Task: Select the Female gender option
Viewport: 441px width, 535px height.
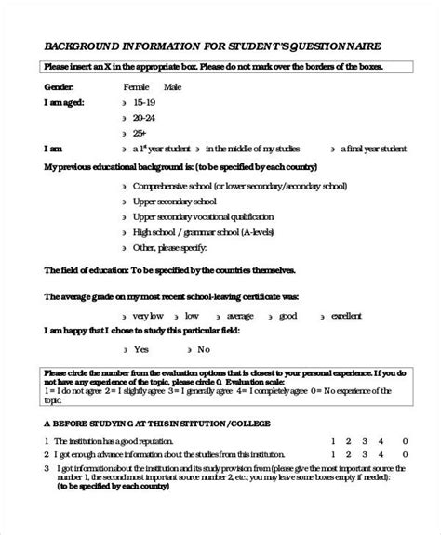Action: [x=136, y=86]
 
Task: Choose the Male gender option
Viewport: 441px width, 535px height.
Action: [x=172, y=86]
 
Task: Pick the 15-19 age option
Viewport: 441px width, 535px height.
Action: [x=143, y=102]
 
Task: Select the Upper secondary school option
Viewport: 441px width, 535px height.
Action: [x=174, y=201]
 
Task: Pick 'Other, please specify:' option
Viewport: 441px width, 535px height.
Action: [x=168, y=248]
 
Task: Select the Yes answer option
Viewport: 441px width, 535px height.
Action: [x=141, y=349]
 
